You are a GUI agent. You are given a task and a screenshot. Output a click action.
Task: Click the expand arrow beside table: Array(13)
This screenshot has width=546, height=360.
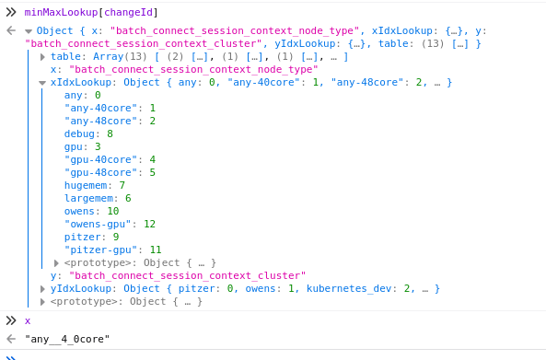click(42, 57)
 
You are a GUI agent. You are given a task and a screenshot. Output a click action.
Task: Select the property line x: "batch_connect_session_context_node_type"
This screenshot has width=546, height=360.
click(183, 70)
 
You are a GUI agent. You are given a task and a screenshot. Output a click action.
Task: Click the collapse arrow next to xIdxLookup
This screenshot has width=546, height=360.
click(42, 83)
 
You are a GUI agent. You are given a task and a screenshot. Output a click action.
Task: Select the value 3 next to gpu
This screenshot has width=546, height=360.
click(98, 146)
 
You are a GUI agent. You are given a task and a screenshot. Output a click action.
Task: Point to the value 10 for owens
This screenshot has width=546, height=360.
click(113, 211)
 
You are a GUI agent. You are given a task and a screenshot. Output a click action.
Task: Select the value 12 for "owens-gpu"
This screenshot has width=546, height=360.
click(149, 224)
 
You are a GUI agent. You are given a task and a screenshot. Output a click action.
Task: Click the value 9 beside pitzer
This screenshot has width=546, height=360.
click(115, 237)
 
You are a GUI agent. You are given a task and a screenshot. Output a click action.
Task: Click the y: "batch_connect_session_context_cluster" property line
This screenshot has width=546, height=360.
click(178, 275)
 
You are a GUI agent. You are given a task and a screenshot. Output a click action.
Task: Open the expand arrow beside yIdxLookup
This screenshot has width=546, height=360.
click(42, 289)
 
